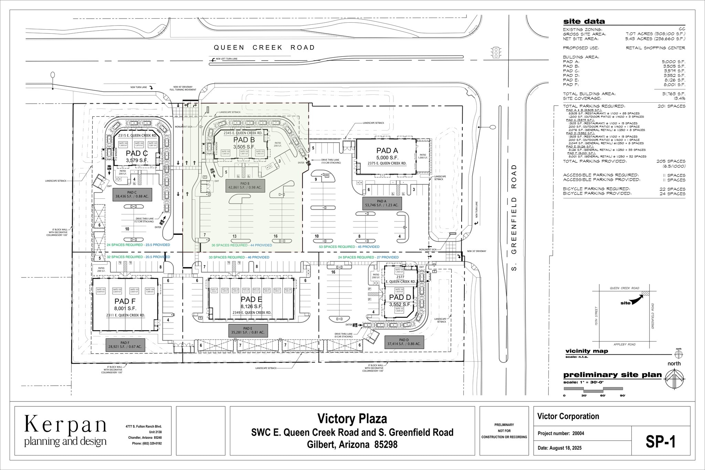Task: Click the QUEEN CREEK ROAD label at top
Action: point(264,48)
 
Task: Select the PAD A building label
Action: point(387,150)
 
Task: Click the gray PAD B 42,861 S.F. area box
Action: point(245,186)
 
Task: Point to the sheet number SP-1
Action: point(661,442)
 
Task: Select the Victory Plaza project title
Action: point(352,419)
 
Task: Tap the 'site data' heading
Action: point(584,21)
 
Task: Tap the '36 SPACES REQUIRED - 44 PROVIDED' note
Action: point(241,245)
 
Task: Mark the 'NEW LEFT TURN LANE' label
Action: point(227,59)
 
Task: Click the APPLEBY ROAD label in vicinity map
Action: point(624,344)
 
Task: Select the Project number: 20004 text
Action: point(561,434)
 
